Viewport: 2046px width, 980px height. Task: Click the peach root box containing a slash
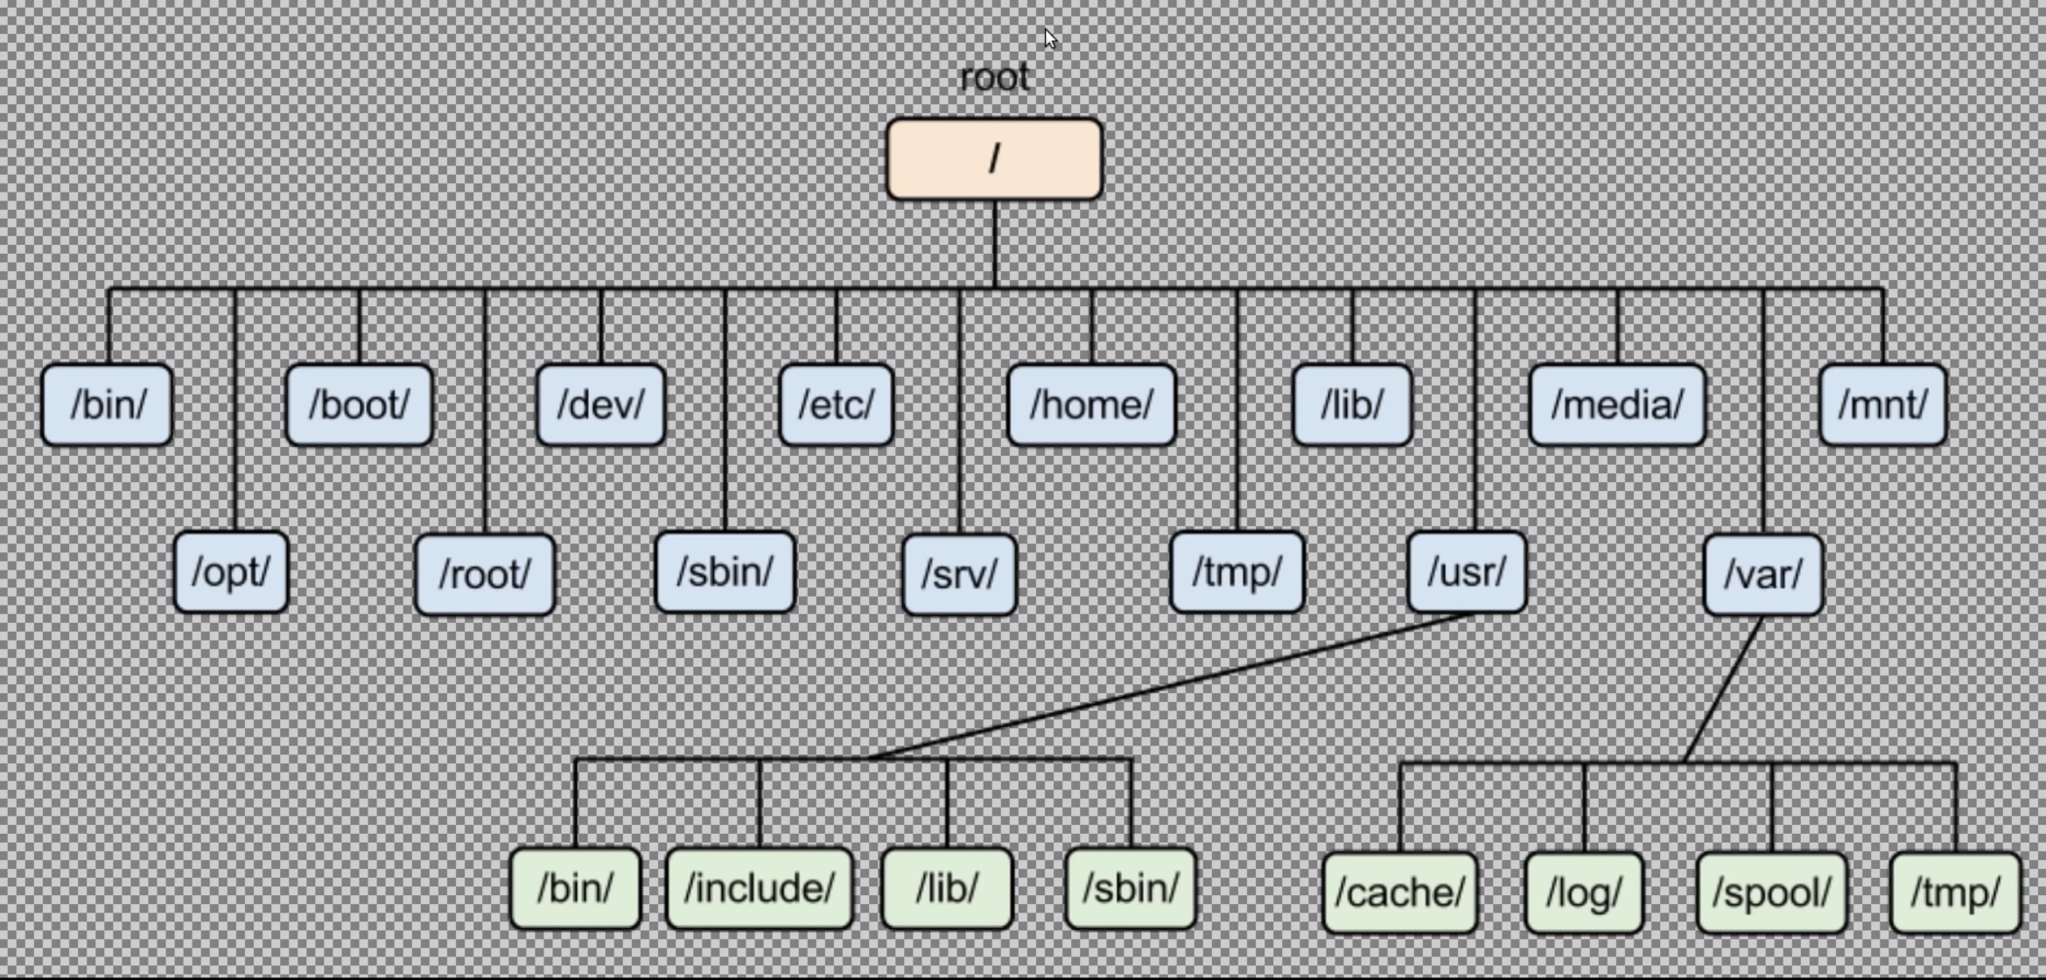click(x=994, y=159)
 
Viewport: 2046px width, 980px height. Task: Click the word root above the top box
click(x=994, y=78)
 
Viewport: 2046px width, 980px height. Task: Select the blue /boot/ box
click(x=360, y=405)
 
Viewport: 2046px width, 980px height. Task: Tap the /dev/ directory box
click(x=601, y=405)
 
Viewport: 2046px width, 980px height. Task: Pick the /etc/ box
click(x=837, y=405)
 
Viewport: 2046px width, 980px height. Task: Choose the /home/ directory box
click(x=1091, y=405)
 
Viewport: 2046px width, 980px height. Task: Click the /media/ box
click(x=1617, y=405)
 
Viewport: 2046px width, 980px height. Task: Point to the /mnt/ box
click(x=1882, y=405)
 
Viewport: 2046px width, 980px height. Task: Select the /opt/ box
click(x=231, y=572)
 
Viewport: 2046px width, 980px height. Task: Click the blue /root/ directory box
click(x=485, y=575)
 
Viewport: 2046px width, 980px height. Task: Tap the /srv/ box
click(x=960, y=575)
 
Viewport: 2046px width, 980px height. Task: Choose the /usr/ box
click(x=1468, y=572)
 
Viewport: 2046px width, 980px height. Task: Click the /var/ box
click(x=1763, y=575)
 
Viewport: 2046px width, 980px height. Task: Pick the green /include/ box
click(x=760, y=889)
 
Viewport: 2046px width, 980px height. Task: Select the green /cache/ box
click(x=1400, y=893)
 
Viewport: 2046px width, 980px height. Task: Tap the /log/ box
click(x=1585, y=893)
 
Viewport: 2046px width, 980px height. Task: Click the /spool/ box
click(x=1772, y=893)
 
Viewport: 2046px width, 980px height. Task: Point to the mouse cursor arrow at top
click(x=1050, y=38)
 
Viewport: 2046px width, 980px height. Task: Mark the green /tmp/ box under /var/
click(x=1956, y=893)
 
